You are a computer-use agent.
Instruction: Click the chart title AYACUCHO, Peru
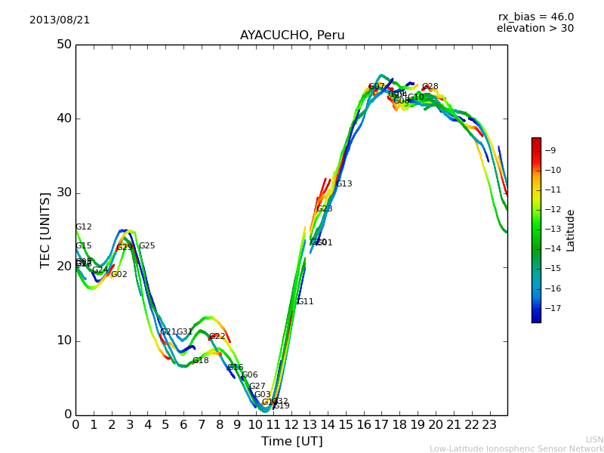[292, 35]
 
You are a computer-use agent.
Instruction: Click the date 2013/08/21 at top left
[60, 20]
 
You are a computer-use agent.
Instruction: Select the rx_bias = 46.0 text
[535, 17]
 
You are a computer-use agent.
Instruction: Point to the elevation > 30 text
[535, 29]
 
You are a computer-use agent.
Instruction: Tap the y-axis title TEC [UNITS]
[46, 230]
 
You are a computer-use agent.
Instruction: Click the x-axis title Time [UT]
[291, 442]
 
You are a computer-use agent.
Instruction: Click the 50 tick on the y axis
[63, 45]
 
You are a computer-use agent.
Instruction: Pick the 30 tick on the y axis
[63, 193]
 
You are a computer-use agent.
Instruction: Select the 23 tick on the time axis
[489, 425]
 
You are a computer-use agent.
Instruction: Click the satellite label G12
[84, 227]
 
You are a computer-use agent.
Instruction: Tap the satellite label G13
[344, 184]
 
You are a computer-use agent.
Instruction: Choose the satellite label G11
[305, 302]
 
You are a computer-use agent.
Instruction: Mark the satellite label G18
[201, 361]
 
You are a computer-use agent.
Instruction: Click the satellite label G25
[147, 246]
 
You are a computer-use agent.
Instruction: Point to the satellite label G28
[430, 87]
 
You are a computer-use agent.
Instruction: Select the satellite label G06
[250, 375]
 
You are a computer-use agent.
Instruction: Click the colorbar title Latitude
[571, 230]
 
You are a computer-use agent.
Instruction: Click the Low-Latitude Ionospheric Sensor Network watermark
[516, 449]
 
